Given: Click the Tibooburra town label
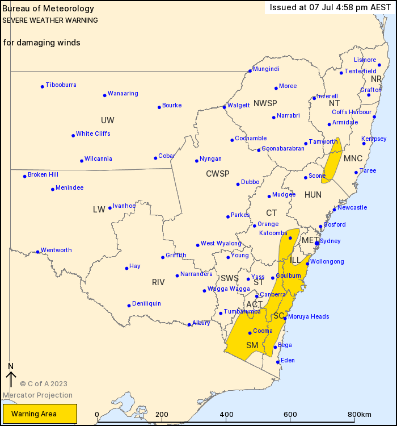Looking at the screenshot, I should pyautogui.click(x=61, y=85).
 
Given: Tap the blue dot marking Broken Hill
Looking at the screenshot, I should pyautogui.click(x=25, y=176).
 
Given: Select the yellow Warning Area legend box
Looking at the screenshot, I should pyautogui.click(x=40, y=414).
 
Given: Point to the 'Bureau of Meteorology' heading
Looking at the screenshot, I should pyautogui.click(x=48, y=9).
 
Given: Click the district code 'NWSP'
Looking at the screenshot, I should pyautogui.click(x=265, y=103).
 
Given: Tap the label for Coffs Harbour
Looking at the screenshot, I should pyautogui.click(x=352, y=112).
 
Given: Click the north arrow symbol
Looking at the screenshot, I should pyautogui.click(x=10, y=376).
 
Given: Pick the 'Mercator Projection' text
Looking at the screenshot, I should pyautogui.click(x=37, y=395).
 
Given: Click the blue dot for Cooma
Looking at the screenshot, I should pyautogui.click(x=250, y=333).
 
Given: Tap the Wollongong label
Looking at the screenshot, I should pyautogui.click(x=327, y=262).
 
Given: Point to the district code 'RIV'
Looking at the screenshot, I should pyautogui.click(x=158, y=282).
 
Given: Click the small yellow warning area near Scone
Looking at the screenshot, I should pyautogui.click(x=332, y=161).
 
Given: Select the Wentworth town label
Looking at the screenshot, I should pyautogui.click(x=56, y=250).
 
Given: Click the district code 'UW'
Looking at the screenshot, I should pyautogui.click(x=107, y=120).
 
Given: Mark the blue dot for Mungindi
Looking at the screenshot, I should pyautogui.click(x=250, y=71).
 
